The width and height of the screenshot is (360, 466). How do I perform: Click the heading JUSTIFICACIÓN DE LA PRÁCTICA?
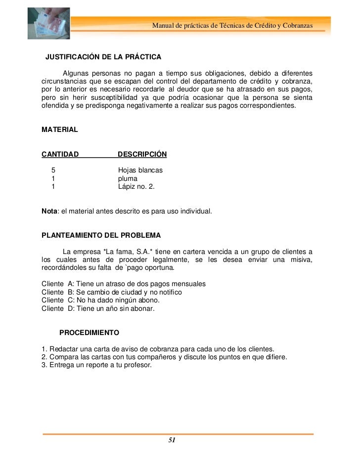pyautogui.click(x=103, y=55)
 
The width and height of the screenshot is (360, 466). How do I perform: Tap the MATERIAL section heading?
pyautogui.click(x=59, y=129)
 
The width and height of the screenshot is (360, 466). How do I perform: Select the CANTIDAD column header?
pyautogui.click(x=60, y=154)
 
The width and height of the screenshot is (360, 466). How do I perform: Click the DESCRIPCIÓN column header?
pyautogui.click(x=142, y=154)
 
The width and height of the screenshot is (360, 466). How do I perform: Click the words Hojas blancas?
pyautogui.click(x=140, y=170)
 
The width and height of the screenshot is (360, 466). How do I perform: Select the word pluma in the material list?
pyautogui.click(x=128, y=178)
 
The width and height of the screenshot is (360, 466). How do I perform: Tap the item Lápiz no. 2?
pyautogui.click(x=136, y=187)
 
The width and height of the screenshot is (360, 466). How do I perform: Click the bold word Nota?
pyautogui.click(x=49, y=211)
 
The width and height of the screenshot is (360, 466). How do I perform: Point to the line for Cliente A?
pyautogui.click(x=124, y=284)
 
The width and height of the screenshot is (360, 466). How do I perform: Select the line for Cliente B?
pyautogui.click(x=112, y=292)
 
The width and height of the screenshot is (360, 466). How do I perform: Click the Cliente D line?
pyautogui.click(x=98, y=308)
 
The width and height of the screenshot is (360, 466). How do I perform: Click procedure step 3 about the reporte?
pyautogui.click(x=96, y=365)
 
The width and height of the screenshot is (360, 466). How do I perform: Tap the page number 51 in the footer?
pyautogui.click(x=172, y=440)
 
